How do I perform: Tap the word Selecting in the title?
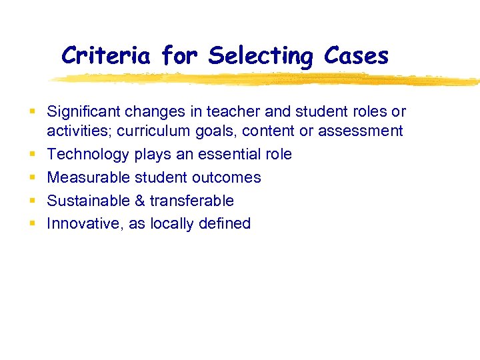[x=260, y=57]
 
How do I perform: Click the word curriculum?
[x=151, y=131]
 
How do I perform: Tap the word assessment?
[x=360, y=131]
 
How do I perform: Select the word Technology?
[x=88, y=155]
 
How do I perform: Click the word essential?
[x=219, y=154]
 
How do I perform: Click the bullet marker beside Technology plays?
[x=33, y=155]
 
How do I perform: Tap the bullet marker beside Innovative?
[x=33, y=224]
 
